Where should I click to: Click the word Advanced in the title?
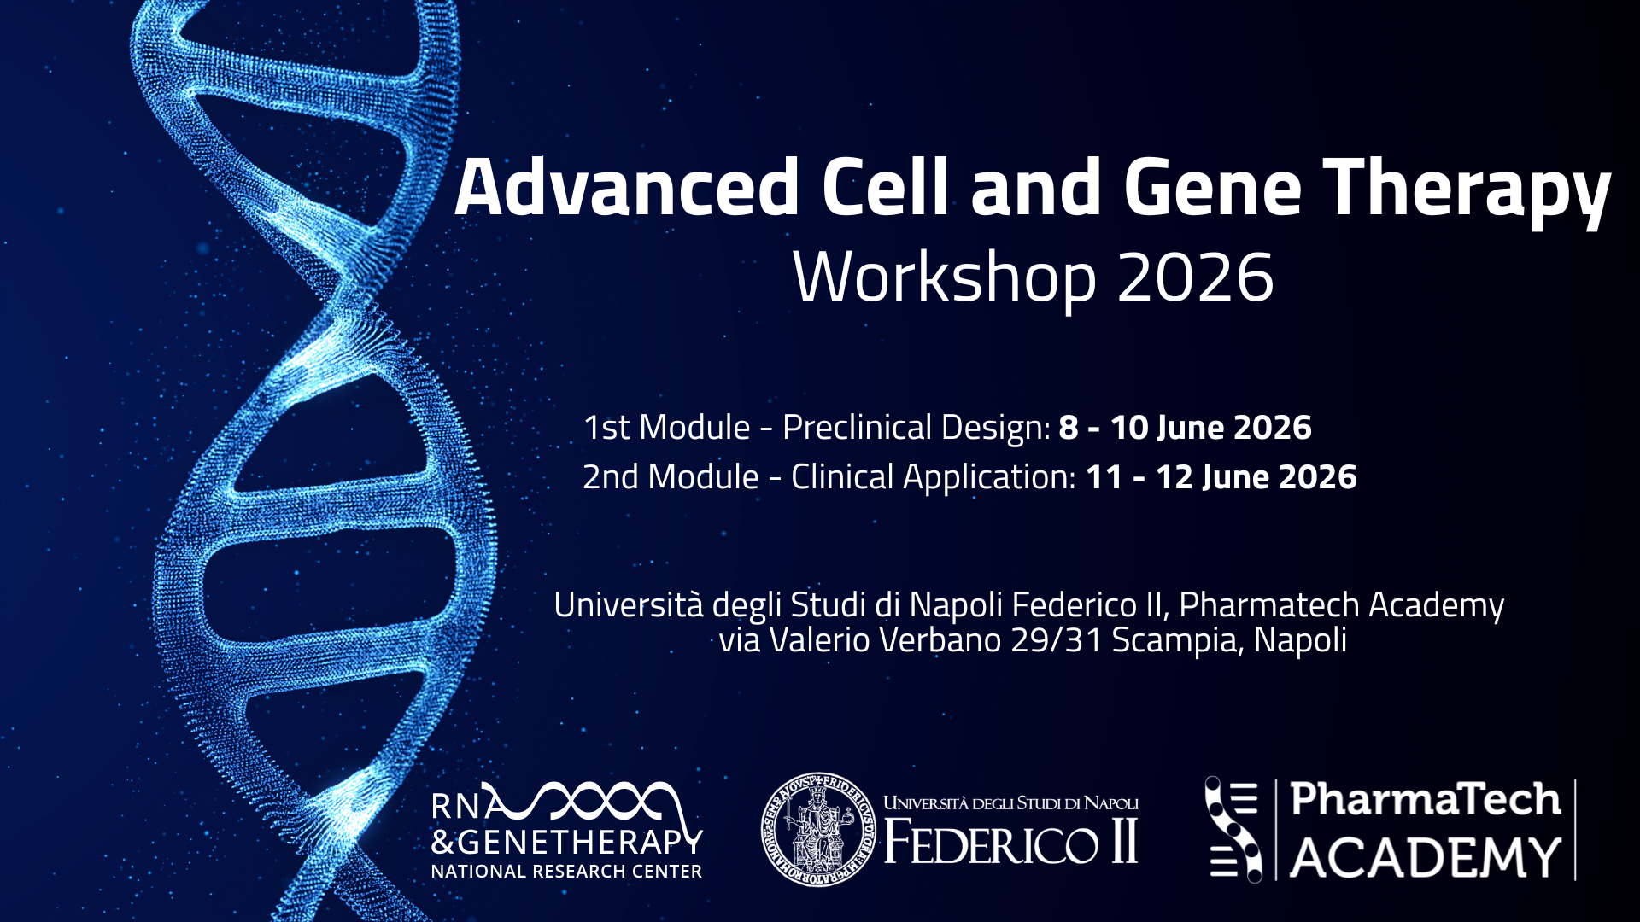pyautogui.click(x=627, y=187)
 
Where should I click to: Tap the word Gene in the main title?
pyautogui.click(x=1212, y=187)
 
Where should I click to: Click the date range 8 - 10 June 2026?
pyautogui.click(x=1186, y=428)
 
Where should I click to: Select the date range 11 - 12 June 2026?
pyautogui.click(x=1221, y=477)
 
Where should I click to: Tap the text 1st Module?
pyautogui.click(x=667, y=428)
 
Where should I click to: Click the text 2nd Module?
pyautogui.click(x=671, y=477)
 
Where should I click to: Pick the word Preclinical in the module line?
pyautogui.click(x=857, y=428)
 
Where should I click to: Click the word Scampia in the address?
pyautogui.click(x=1179, y=641)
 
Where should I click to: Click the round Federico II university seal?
pyautogui.click(x=818, y=829)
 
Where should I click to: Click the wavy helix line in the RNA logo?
pyautogui.click(x=598, y=803)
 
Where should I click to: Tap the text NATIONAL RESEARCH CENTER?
pyautogui.click(x=566, y=872)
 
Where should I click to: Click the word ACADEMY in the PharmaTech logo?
pyautogui.click(x=1426, y=857)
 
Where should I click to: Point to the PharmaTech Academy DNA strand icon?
pyautogui.click(x=1233, y=828)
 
